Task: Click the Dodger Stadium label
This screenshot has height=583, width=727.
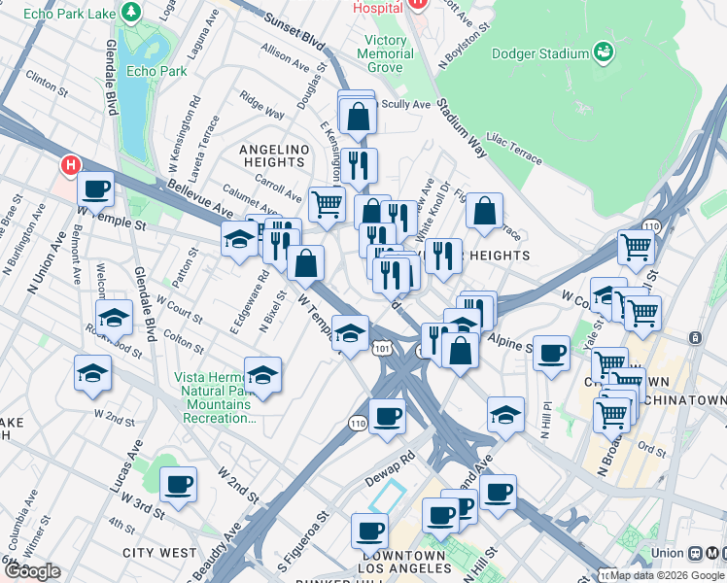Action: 541,54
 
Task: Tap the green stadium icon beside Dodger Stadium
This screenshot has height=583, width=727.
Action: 604,51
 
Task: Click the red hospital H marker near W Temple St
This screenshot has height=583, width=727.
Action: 70,165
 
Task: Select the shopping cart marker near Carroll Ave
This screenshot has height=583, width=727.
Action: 327,203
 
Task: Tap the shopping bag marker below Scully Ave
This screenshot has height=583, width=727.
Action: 358,117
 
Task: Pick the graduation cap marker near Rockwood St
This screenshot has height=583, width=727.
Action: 114,317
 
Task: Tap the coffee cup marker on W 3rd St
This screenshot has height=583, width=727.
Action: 178,485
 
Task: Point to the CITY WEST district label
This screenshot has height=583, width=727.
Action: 159,552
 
